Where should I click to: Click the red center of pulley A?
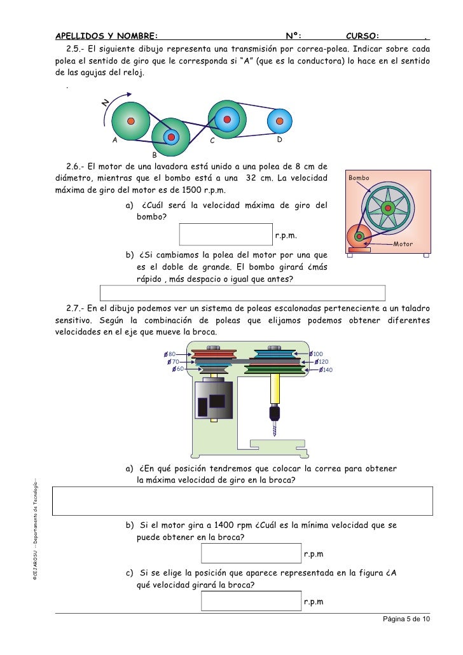(x=130, y=120)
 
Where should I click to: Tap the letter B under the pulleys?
(x=153, y=154)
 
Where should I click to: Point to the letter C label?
(x=212, y=141)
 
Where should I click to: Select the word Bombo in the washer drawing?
(x=359, y=178)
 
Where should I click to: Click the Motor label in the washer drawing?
(x=403, y=244)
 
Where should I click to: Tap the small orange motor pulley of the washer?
(x=359, y=237)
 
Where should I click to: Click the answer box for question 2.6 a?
(x=226, y=233)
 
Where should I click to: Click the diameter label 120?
(x=323, y=361)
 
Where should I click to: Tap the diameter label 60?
(x=180, y=369)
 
